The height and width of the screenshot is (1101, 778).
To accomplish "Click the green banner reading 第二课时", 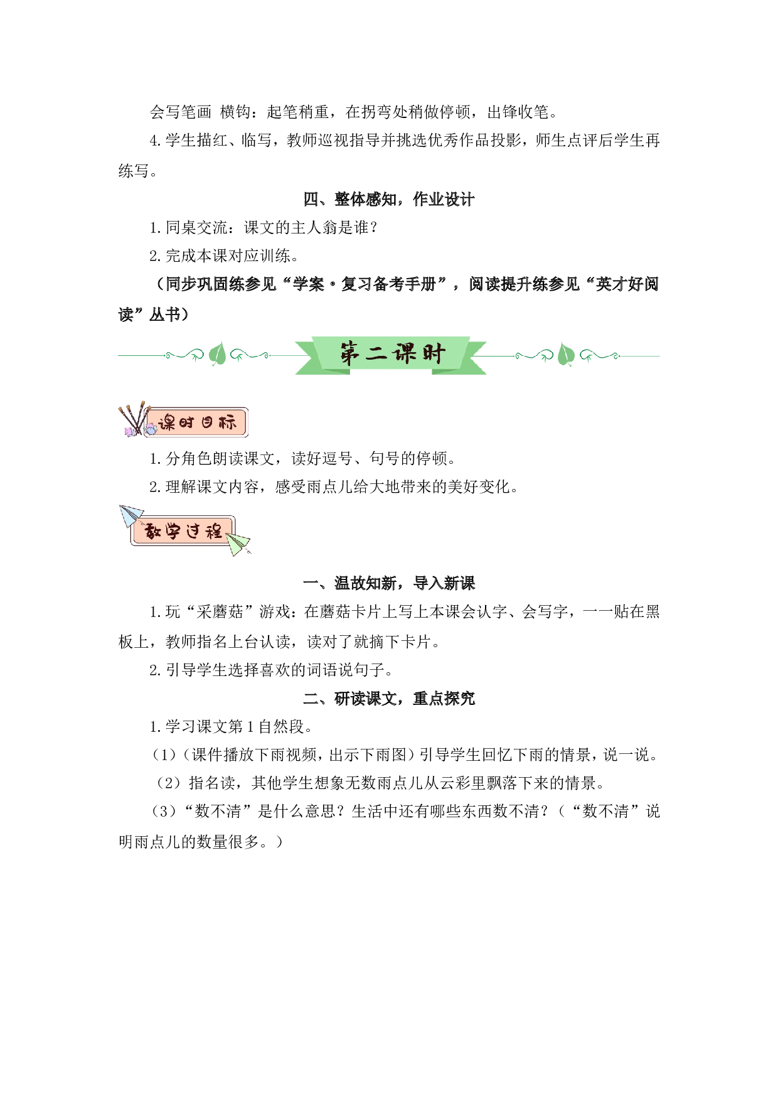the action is pyautogui.click(x=390, y=355).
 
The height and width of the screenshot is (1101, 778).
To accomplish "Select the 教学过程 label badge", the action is pyautogui.click(x=183, y=531).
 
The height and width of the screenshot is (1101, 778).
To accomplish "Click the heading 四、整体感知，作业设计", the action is pyautogui.click(x=389, y=200).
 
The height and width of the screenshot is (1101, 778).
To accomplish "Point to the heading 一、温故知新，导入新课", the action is pyautogui.click(x=389, y=583).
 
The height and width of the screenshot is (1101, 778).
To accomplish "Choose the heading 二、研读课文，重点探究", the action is pyautogui.click(x=389, y=698).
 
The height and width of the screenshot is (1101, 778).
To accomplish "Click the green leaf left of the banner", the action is pyautogui.click(x=217, y=355).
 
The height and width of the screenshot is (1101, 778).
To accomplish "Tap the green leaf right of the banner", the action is pyautogui.click(x=566, y=355).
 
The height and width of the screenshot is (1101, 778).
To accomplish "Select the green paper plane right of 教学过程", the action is pyautogui.click(x=238, y=544).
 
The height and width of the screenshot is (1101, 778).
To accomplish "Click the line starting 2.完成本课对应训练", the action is pyautogui.click(x=225, y=256).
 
